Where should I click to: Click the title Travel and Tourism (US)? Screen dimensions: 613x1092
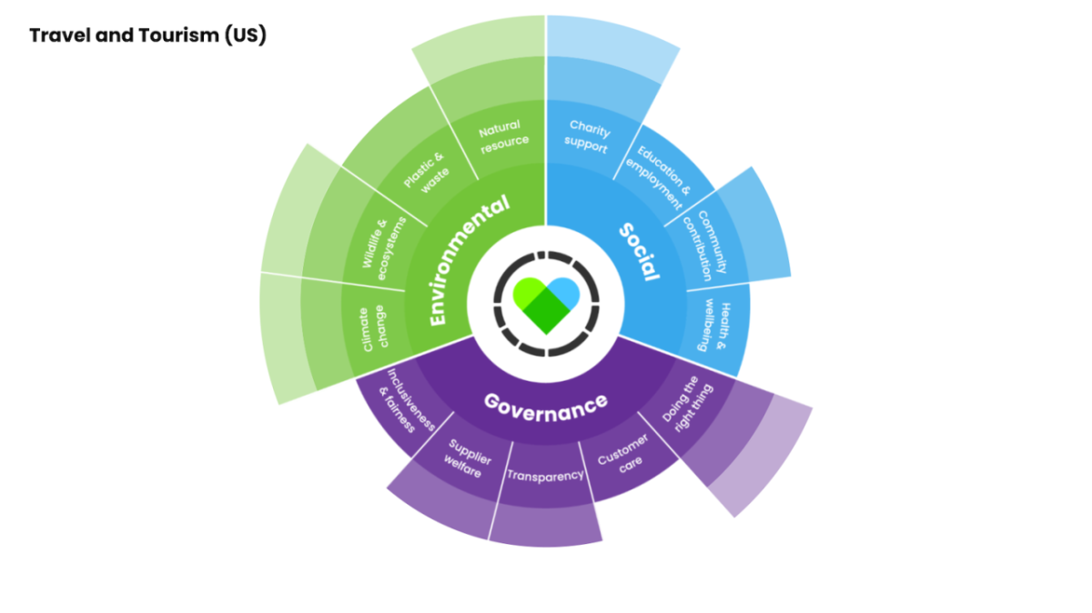pyautogui.click(x=147, y=36)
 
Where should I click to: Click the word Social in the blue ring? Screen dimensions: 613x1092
pyautogui.click(x=639, y=251)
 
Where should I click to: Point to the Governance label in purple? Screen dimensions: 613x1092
pyautogui.click(x=545, y=403)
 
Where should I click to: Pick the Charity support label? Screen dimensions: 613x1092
pyautogui.click(x=588, y=136)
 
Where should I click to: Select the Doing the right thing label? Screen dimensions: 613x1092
pyautogui.click(x=688, y=403)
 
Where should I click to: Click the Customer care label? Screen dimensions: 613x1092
pyautogui.click(x=623, y=452)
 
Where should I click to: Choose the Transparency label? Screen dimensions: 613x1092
pyautogui.click(x=544, y=475)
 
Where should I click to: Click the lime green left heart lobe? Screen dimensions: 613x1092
pyautogui.click(x=528, y=292)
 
